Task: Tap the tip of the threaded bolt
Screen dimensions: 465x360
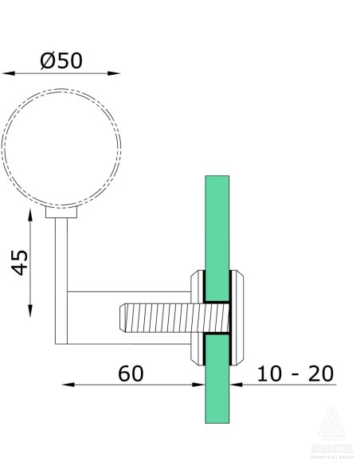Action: click(123, 318)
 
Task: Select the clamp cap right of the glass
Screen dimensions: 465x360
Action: click(242, 318)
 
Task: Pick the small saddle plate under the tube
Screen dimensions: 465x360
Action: click(61, 213)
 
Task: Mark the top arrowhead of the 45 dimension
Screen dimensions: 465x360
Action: click(31, 217)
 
